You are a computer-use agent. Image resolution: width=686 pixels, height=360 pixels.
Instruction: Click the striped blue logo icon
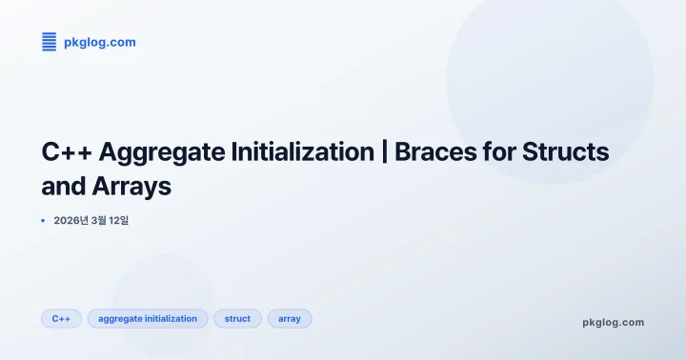click(x=50, y=42)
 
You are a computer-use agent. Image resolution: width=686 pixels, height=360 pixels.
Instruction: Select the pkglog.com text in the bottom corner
click(x=613, y=322)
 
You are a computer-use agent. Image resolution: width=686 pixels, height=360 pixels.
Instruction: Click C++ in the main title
click(x=66, y=152)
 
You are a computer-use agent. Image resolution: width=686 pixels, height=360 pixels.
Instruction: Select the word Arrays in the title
click(x=132, y=187)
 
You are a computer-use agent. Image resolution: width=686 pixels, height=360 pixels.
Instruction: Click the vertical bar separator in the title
click(x=384, y=152)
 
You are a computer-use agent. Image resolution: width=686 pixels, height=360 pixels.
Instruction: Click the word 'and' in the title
click(x=63, y=187)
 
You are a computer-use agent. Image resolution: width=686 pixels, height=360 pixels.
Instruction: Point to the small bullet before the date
click(x=43, y=221)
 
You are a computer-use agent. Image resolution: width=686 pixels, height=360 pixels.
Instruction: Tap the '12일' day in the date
click(x=118, y=221)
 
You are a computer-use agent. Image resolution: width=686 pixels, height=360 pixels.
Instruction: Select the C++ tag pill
click(x=61, y=319)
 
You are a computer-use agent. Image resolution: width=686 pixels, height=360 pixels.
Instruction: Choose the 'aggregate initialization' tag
click(x=148, y=319)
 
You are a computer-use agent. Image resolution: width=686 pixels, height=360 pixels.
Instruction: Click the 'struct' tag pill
click(x=237, y=319)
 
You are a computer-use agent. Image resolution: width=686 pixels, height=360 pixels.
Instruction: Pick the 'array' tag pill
click(x=290, y=319)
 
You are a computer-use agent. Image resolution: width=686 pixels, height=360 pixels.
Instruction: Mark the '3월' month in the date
click(x=97, y=221)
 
